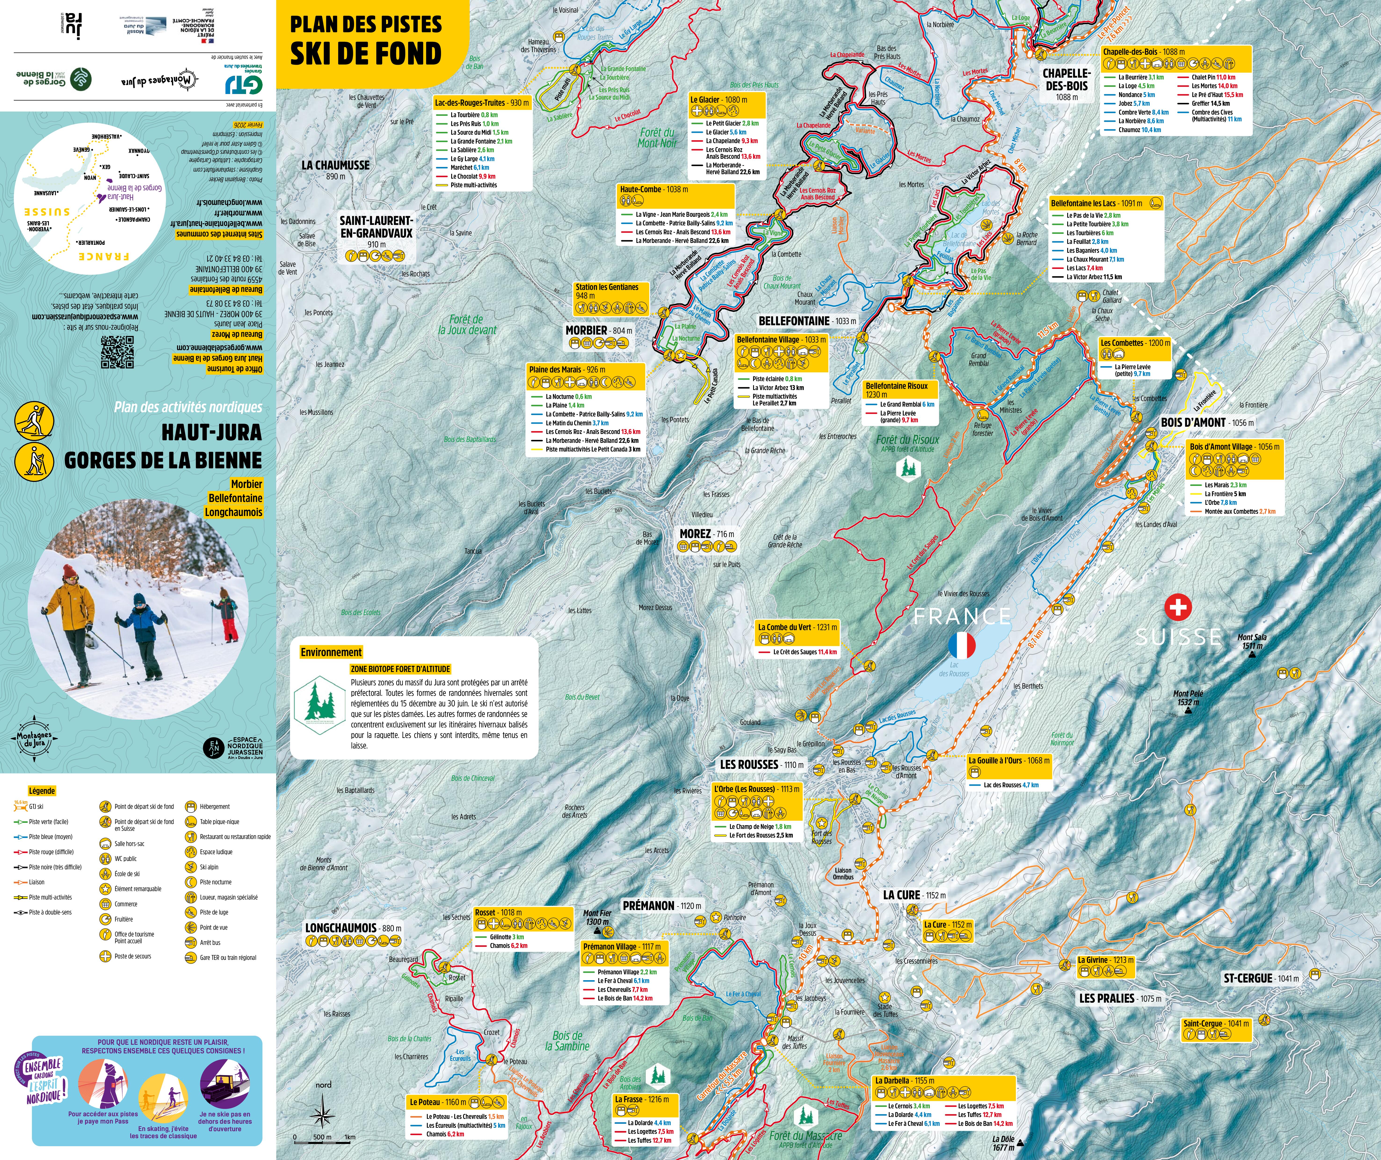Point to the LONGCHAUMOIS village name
(x=341, y=928)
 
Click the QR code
(x=117, y=352)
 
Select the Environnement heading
(x=331, y=652)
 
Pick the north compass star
(x=323, y=1115)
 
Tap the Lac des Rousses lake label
(x=953, y=669)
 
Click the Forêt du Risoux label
(x=907, y=440)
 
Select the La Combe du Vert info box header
(x=797, y=627)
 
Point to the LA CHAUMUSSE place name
(x=335, y=165)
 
